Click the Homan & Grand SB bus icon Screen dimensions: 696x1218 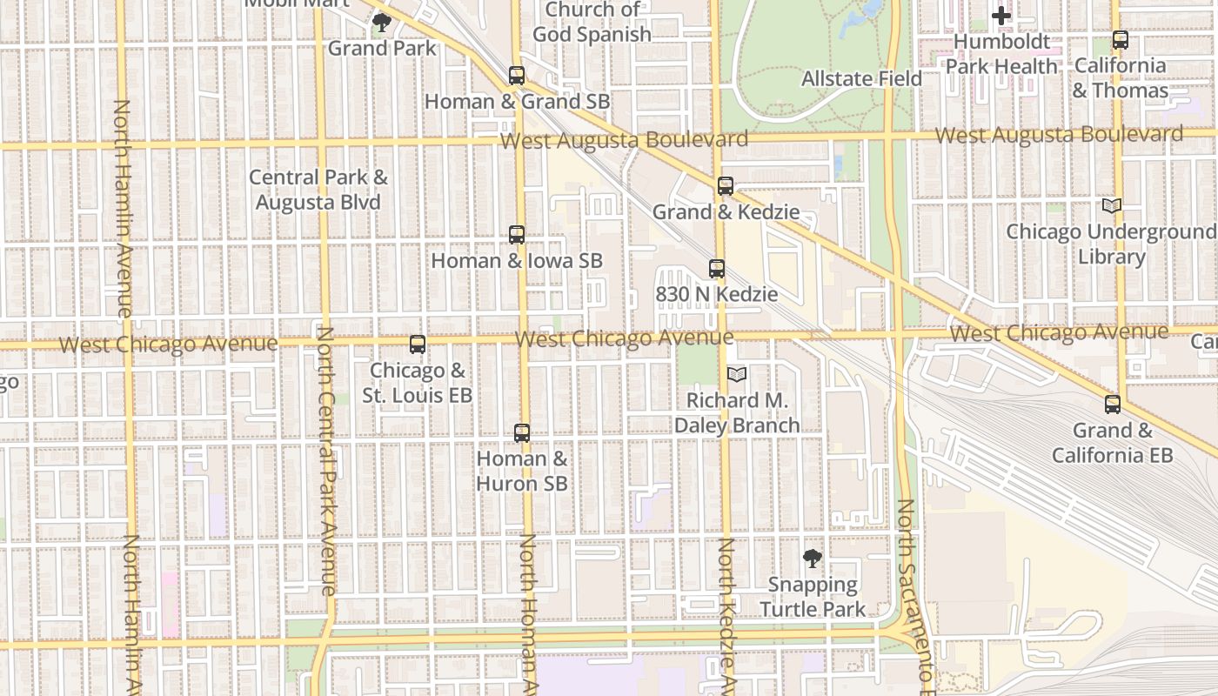coord(517,76)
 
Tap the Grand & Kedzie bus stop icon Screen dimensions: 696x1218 coord(726,186)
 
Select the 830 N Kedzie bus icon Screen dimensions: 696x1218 coord(717,269)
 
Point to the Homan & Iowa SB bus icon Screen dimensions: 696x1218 coord(517,235)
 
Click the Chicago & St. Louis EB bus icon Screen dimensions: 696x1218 coord(418,345)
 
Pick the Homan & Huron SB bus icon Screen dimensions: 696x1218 coord(522,433)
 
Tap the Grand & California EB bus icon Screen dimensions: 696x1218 coord(1113,405)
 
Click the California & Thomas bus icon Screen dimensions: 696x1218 coord(1121,40)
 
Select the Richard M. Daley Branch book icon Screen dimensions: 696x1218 coord(737,374)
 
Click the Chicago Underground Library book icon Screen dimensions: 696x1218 coord(1112,206)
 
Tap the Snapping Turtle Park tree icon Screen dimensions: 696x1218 coord(813,559)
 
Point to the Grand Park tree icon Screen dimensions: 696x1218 coord(381,23)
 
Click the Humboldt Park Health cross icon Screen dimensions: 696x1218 coord(1001,16)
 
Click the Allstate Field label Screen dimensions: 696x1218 coord(861,79)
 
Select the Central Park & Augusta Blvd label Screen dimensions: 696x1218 coord(318,190)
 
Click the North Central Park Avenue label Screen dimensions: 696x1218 coord(325,461)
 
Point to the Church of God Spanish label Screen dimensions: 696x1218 coord(592,23)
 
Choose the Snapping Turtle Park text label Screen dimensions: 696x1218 coord(813,597)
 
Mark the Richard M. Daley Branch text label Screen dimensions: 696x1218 coord(738,413)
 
